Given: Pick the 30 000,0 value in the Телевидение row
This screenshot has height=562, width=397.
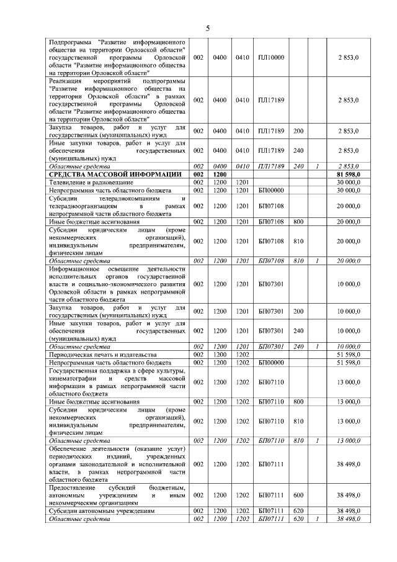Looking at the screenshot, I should click(348, 183).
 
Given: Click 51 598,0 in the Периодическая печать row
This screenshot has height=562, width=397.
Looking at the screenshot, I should click(348, 354).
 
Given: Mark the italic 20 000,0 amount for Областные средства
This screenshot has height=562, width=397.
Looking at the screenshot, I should click(348, 261).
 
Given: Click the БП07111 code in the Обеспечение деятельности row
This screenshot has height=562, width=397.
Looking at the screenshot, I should click(270, 463).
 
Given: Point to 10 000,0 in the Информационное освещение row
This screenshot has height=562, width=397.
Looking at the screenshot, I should click(348, 284).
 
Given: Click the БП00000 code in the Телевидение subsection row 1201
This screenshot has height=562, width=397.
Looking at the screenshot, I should click(270, 190).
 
